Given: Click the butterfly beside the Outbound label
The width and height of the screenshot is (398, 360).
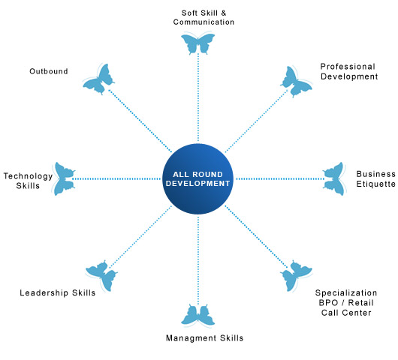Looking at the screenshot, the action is [x=98, y=79].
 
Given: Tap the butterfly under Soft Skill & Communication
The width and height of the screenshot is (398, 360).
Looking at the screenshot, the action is [x=198, y=43].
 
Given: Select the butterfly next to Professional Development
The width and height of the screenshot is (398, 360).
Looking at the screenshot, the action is [x=296, y=82].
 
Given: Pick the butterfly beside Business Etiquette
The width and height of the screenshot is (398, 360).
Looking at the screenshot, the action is [x=333, y=179].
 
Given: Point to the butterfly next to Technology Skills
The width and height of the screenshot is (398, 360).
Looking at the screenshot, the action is [x=64, y=179].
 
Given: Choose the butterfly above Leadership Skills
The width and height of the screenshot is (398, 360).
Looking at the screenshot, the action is [x=102, y=276].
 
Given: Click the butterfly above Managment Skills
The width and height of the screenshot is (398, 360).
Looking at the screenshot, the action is [x=198, y=315].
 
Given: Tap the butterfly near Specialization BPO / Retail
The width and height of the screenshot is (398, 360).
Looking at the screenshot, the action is [x=296, y=276].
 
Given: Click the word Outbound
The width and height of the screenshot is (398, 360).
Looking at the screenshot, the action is [x=49, y=71].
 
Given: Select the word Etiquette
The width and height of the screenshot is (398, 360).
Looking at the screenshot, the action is [x=376, y=184].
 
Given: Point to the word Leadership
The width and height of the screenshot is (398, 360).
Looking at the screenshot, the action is [x=44, y=293].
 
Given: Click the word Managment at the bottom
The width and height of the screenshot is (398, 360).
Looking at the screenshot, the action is [x=191, y=338].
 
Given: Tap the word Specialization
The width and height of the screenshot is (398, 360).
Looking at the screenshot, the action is [x=346, y=293].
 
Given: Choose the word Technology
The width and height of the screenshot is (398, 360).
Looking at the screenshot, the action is [x=28, y=176].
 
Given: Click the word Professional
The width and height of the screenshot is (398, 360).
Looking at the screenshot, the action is [x=348, y=67].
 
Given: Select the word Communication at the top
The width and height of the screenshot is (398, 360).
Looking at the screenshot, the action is [x=204, y=22].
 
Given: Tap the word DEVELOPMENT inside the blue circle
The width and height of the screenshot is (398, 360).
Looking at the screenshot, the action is [x=198, y=183].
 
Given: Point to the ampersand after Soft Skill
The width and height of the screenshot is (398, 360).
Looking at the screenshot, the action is [x=223, y=13].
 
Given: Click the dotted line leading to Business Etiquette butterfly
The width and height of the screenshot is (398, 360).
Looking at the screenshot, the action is [x=280, y=179].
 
